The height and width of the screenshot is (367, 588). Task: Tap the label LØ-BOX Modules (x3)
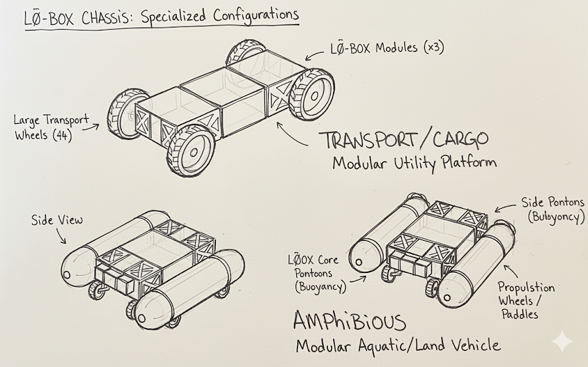coord(385,48)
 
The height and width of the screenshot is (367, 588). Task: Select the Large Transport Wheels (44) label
coord(52,128)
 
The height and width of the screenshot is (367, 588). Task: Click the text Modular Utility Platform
coord(414,163)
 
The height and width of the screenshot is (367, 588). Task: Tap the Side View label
coord(57,220)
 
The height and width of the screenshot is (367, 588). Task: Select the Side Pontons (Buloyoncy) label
coord(552,209)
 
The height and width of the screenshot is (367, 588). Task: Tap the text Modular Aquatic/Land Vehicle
coord(397,346)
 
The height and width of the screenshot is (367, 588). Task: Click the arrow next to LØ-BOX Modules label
coord(315,54)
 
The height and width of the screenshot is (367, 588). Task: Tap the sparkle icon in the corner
coord(561,342)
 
